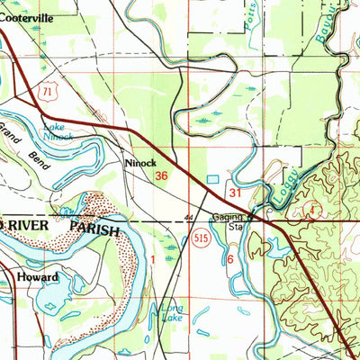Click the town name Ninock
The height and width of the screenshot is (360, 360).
[x=140, y=164]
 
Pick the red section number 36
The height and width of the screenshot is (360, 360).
[x=162, y=176]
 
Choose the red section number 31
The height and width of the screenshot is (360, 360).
[x=236, y=193]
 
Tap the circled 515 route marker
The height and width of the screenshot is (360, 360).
[x=202, y=238]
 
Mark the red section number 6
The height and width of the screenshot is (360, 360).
[x=230, y=258]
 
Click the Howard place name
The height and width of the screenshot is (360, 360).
[x=38, y=278]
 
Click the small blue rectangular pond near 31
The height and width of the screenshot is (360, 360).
[x=212, y=180]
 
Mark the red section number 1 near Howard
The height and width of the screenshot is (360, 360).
[x=153, y=259]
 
